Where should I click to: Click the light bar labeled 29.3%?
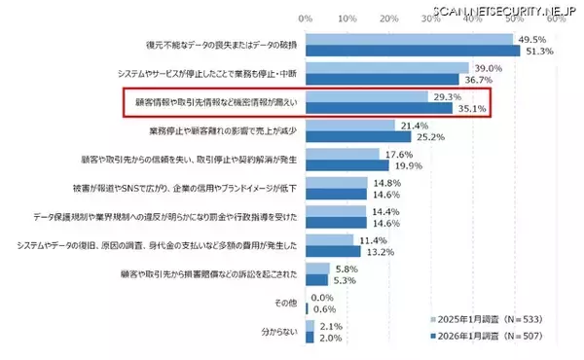pyautogui.click(x=366, y=97)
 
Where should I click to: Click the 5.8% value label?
pyautogui.click(x=345, y=268)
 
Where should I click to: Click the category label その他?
pyautogui.click(x=286, y=304)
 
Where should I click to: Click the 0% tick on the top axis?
pyautogui.click(x=306, y=18)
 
